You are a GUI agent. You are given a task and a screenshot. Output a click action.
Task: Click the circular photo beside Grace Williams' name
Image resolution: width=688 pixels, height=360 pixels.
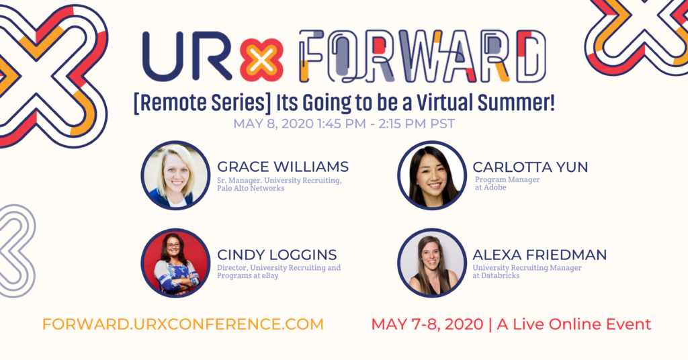pyautogui.click(x=176, y=175)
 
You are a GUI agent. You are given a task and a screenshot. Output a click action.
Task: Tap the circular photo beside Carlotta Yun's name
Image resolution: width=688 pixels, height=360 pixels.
pyautogui.click(x=431, y=175)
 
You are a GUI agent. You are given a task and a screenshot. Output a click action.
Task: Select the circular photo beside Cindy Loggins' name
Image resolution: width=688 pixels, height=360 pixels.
pyautogui.click(x=176, y=263)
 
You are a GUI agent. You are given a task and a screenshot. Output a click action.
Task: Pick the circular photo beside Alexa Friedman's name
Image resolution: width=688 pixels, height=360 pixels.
pyautogui.click(x=431, y=263)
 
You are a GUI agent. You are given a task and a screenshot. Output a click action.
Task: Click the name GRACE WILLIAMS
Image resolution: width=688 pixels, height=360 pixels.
pyautogui.click(x=283, y=167)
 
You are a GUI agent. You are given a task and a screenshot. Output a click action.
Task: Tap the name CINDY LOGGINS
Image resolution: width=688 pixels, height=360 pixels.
pyautogui.click(x=277, y=255)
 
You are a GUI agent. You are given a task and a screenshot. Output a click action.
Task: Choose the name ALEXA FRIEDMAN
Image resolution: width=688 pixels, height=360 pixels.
pyautogui.click(x=540, y=255)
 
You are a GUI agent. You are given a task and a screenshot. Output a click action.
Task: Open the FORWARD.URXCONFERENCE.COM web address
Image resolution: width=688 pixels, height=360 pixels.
pyautogui.click(x=183, y=324)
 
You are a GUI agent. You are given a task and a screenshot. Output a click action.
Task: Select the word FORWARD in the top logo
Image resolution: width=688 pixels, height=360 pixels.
pyautogui.click(x=421, y=56)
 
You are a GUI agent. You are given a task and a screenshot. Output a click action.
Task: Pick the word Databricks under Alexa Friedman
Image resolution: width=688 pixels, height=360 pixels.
pyautogui.click(x=500, y=276)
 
